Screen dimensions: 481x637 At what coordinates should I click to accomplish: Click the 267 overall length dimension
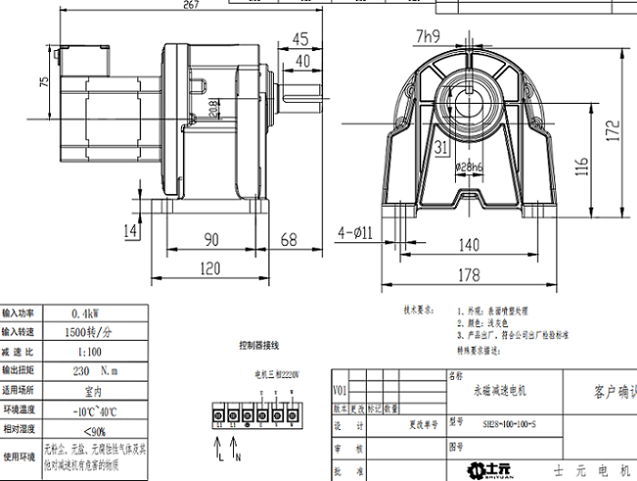tap(189, 5)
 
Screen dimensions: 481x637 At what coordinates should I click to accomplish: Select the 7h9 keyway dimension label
tap(429, 37)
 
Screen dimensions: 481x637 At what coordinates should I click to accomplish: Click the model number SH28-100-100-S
tap(510, 425)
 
